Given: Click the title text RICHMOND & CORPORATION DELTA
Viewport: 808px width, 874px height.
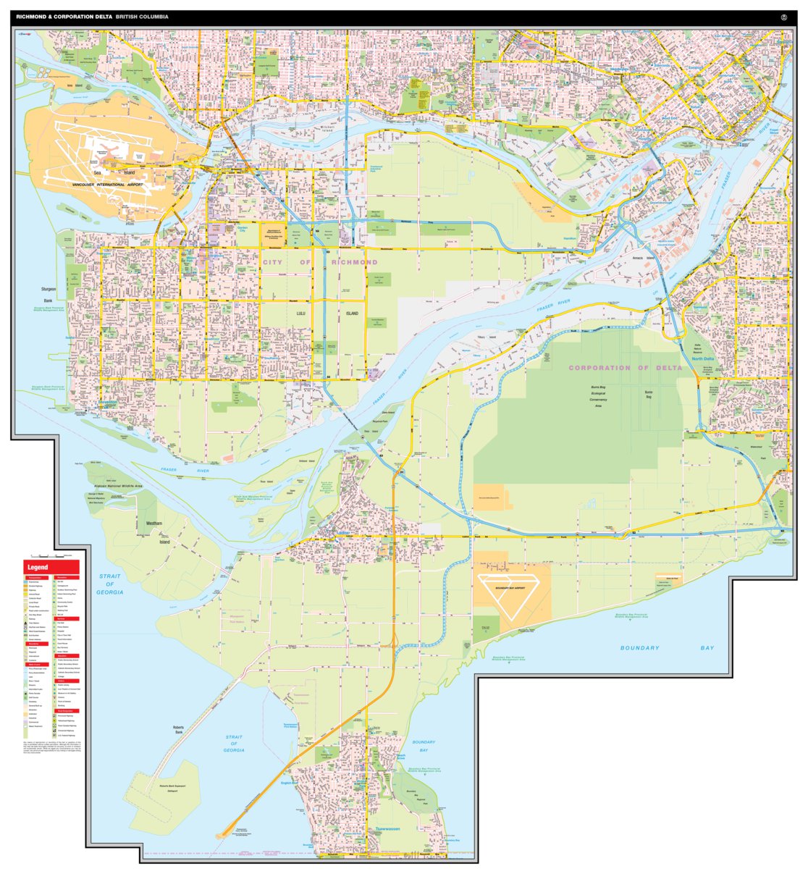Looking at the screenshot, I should coord(64,16).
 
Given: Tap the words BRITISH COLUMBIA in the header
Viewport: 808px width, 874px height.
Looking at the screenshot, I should coord(142,16).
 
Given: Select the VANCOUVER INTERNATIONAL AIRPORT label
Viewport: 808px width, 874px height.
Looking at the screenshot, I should coord(108,185).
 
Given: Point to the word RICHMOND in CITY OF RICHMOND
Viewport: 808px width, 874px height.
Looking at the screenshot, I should coord(354,262).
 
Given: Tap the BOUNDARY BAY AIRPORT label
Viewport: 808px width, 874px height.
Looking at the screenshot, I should coord(510,589).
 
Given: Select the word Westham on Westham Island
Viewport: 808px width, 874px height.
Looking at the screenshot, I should coord(154,523).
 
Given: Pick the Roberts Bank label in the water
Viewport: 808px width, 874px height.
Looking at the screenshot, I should coord(178,731).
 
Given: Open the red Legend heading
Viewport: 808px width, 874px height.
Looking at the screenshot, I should coord(38,568).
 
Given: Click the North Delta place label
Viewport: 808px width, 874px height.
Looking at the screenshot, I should coord(702,359).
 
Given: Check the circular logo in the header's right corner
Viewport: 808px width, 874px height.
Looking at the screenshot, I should coord(783,17).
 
